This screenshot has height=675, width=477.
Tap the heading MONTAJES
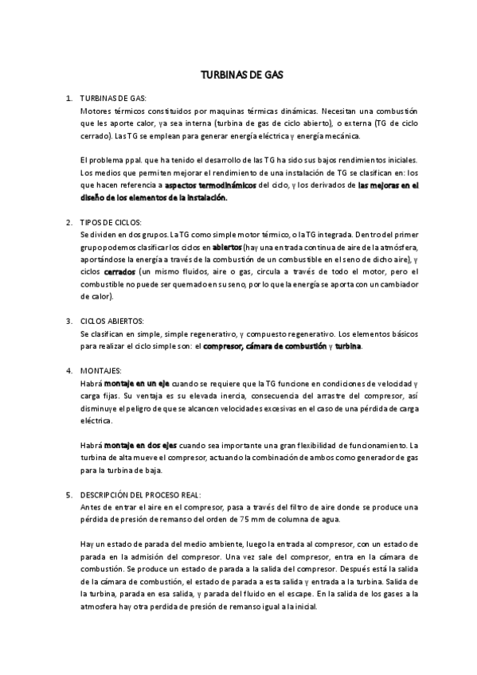coord(101,371)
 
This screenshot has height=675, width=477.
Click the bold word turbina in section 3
coord(348,346)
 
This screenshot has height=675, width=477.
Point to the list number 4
coord(69,371)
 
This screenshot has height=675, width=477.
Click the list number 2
coord(69,222)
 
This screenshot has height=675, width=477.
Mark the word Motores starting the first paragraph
coord(96,111)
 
